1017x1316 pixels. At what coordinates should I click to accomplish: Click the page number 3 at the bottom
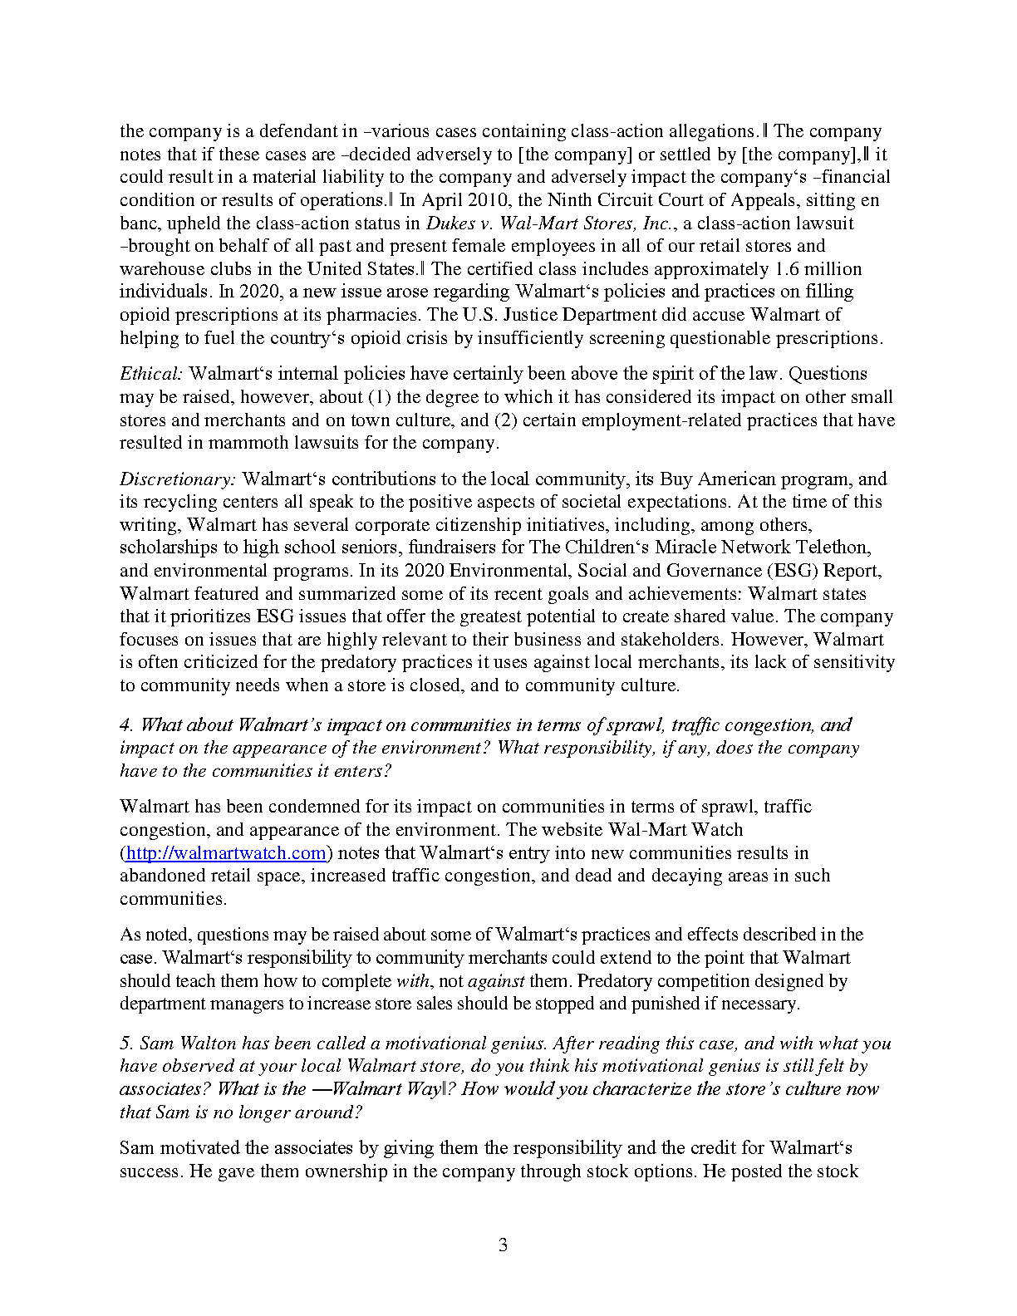[503, 1245]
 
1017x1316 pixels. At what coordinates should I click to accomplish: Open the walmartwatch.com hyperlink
[225, 853]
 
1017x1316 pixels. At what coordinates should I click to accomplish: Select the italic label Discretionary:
[178, 479]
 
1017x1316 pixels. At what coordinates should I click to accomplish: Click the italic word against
[496, 981]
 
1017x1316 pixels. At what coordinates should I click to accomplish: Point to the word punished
[664, 1004]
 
